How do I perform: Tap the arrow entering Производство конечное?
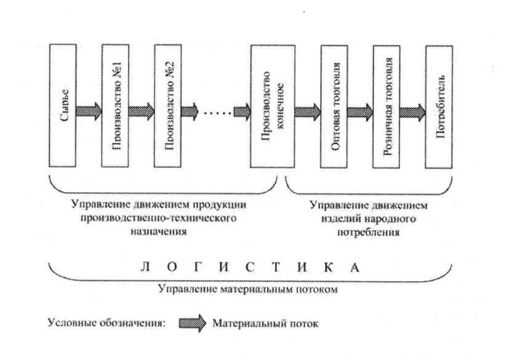[x=242, y=112]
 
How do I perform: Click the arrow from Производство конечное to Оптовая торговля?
[x=307, y=112]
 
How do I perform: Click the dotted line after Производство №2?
[x=215, y=112]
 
